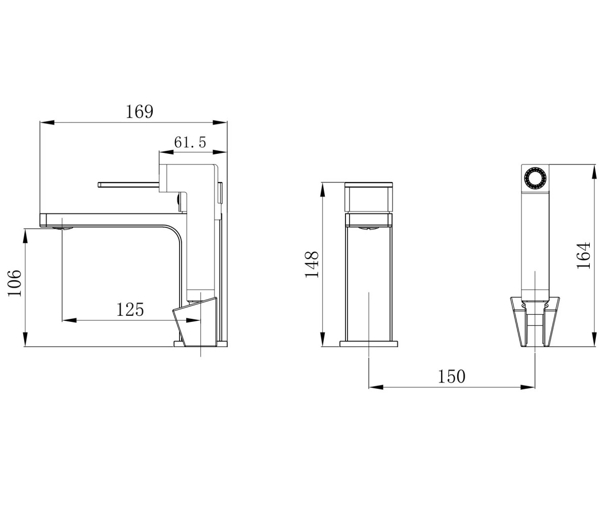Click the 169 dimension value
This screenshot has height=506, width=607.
coord(139,111)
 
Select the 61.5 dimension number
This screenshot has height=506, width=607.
coord(190,142)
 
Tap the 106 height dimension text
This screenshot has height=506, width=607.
coord(15,283)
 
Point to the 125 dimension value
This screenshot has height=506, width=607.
coord(130,309)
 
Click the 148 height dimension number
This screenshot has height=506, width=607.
coord(312,264)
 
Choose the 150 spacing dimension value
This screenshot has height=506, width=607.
coord(452,376)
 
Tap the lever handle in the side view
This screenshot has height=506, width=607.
coord(128,185)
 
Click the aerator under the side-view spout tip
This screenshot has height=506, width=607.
coord(62,228)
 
